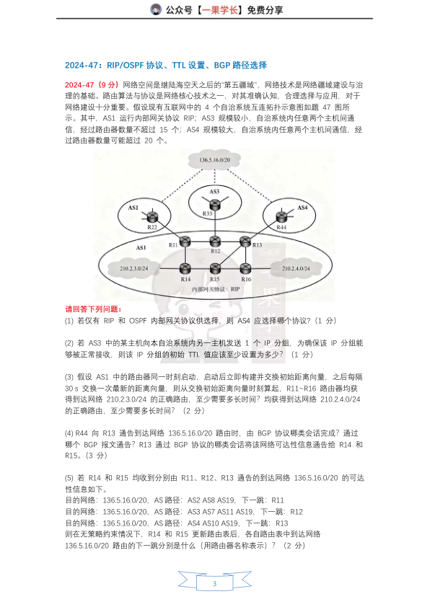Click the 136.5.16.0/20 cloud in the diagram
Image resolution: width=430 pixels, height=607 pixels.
214,161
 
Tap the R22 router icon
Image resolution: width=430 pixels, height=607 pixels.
152,217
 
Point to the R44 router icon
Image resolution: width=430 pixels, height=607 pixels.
281,218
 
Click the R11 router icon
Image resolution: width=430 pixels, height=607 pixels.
185,242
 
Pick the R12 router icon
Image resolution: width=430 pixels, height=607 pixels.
214,242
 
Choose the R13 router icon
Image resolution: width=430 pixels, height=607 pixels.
245,242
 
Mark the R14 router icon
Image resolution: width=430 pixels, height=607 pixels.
185,269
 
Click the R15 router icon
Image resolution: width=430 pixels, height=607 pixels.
214,269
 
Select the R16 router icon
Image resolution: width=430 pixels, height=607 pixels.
245,269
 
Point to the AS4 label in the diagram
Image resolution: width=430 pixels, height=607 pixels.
302,208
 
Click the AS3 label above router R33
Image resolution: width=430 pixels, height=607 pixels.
214,192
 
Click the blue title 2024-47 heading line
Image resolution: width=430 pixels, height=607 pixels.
166,65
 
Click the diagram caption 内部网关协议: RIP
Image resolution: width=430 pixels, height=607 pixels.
214,288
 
